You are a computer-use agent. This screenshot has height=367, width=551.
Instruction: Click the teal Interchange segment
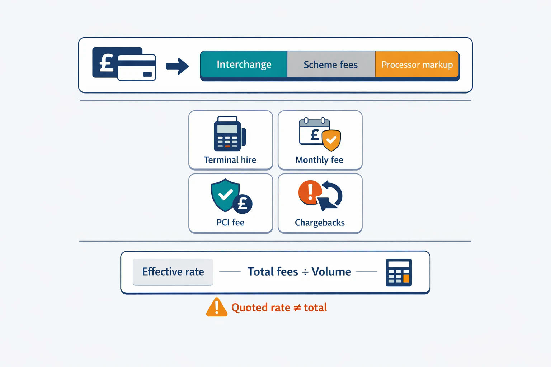(x=244, y=65)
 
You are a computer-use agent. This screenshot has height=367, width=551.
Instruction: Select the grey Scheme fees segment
(x=331, y=65)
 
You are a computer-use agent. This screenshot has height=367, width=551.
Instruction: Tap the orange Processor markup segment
(x=417, y=65)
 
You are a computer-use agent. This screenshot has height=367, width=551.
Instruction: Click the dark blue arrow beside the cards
(x=177, y=66)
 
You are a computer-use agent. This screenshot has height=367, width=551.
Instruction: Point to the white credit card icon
(x=137, y=68)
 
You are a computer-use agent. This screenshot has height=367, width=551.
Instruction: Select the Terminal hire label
(x=230, y=160)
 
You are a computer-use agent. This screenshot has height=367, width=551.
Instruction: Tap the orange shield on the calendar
(x=331, y=140)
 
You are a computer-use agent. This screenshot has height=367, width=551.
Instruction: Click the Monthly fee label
(x=319, y=160)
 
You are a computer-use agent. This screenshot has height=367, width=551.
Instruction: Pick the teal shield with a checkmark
(x=225, y=195)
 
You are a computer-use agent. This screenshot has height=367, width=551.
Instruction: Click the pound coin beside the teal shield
(x=242, y=204)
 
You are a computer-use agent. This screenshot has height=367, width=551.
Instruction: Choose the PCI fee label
(x=230, y=223)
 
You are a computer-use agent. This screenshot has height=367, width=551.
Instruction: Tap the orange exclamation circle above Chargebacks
(x=310, y=192)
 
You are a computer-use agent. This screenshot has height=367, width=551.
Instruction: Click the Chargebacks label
(x=320, y=223)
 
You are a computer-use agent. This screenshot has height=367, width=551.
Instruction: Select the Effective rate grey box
(x=173, y=272)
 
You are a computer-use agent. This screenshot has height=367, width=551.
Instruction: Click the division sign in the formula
(x=305, y=272)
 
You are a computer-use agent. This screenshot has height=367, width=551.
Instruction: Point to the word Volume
(x=331, y=272)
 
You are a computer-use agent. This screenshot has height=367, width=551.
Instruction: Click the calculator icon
(x=399, y=272)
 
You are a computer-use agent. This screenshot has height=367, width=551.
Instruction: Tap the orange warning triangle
(x=216, y=307)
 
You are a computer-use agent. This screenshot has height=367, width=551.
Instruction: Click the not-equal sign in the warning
(x=297, y=308)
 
